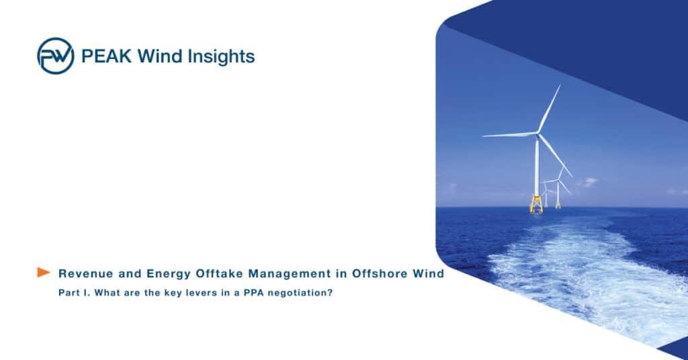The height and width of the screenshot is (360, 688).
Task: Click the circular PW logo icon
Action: (55, 56)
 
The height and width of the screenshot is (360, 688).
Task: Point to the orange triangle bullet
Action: (44, 272)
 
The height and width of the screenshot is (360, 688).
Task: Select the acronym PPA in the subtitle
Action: (247, 294)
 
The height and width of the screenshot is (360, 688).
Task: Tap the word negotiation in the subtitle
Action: (298, 294)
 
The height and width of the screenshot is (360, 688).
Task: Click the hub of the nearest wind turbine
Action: (537, 132)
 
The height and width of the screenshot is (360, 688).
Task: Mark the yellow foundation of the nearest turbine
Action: (536, 204)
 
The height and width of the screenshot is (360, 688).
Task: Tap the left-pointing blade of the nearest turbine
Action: (509, 134)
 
